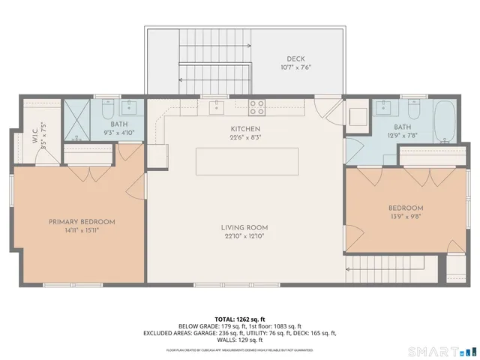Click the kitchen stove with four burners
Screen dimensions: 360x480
point(256,107)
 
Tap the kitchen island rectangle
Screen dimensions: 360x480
point(247,161)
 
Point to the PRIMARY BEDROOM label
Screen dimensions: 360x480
point(82,221)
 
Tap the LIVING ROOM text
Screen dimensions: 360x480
point(244,227)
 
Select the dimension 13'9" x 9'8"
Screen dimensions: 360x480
point(406,217)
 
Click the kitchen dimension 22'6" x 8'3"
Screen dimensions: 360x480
point(245,137)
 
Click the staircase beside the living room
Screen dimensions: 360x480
point(382,267)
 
